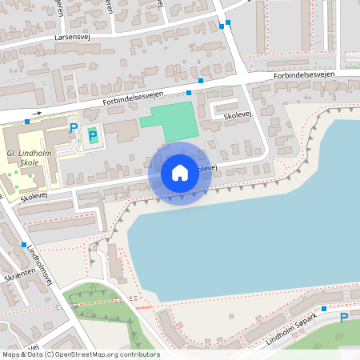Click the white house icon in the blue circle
pos(180,172)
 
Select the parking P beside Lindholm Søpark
pos(344,318)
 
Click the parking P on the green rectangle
pos(93,135)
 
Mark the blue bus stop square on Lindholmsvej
pos(24,244)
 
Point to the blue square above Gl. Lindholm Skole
pos(28,121)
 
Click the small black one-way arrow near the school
pos(38,113)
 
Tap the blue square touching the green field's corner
pos(190,93)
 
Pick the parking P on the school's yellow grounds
pos(74,128)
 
